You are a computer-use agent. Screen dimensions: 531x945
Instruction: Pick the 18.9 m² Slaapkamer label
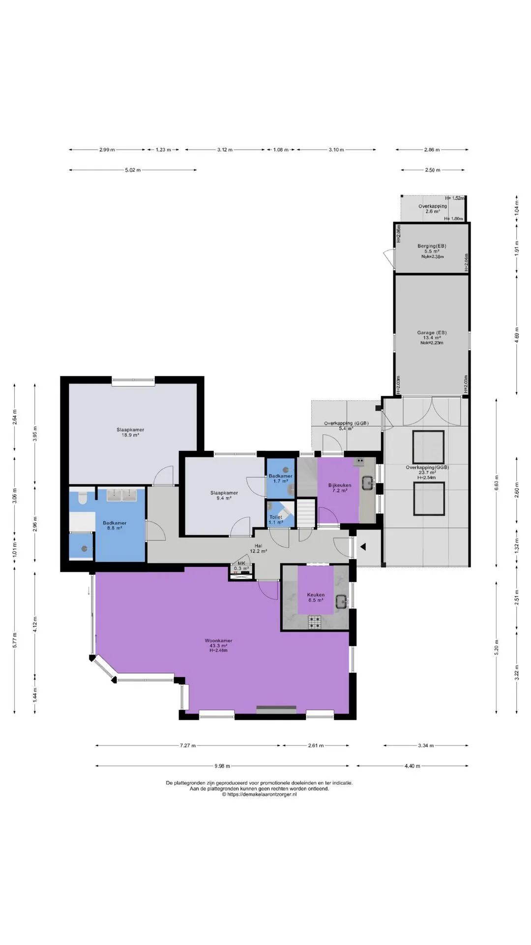(x=130, y=432)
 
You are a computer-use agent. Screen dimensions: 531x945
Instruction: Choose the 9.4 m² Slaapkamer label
(x=224, y=495)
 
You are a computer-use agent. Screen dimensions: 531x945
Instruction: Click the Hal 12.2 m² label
(x=258, y=548)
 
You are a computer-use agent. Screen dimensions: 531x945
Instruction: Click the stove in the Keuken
(x=315, y=622)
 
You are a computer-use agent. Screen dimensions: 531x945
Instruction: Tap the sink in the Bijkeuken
(x=367, y=483)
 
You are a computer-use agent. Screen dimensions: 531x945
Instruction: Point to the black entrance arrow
(x=363, y=546)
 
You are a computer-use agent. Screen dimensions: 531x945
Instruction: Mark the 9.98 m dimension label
(x=222, y=766)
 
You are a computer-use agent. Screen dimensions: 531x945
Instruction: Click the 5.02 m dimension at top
(x=133, y=170)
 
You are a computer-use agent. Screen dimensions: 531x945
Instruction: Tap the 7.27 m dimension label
(x=188, y=745)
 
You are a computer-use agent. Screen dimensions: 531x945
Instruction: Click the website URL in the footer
(x=259, y=794)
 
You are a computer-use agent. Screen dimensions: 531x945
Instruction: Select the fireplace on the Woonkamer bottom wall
(x=276, y=709)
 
